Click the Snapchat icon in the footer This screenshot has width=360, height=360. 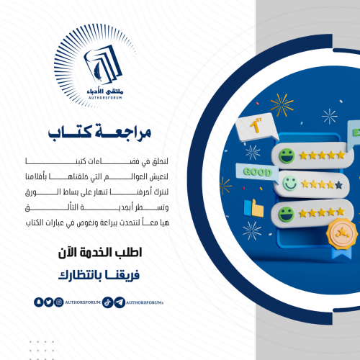38,302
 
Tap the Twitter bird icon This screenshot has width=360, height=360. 48,302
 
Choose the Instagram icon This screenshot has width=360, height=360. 58,302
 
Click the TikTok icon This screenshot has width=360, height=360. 107,302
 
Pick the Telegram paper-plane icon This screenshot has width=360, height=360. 118,302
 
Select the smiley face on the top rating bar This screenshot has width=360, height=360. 286,154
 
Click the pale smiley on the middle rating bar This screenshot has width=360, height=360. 289,183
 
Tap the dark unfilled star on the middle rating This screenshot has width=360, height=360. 338,184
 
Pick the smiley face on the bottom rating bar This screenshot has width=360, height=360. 286,212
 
